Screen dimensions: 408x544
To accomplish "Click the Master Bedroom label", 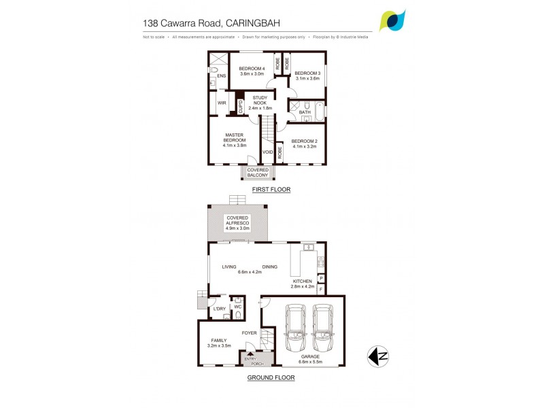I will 234,137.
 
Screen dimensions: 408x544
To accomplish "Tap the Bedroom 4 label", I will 252,69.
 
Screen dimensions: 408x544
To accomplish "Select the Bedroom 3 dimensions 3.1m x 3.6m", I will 307,78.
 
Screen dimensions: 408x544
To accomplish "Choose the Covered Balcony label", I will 258,173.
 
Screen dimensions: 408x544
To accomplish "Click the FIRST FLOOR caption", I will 271,190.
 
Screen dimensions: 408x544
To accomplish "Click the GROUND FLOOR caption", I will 271,377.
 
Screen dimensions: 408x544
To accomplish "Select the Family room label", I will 219,340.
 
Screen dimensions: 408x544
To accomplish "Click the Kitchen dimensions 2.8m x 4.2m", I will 303,286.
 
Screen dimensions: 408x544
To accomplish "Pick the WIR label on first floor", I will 222,103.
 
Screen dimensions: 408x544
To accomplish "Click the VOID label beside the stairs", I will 268,152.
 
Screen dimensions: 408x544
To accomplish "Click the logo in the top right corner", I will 394,20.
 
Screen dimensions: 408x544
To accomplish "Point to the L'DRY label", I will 219,309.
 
